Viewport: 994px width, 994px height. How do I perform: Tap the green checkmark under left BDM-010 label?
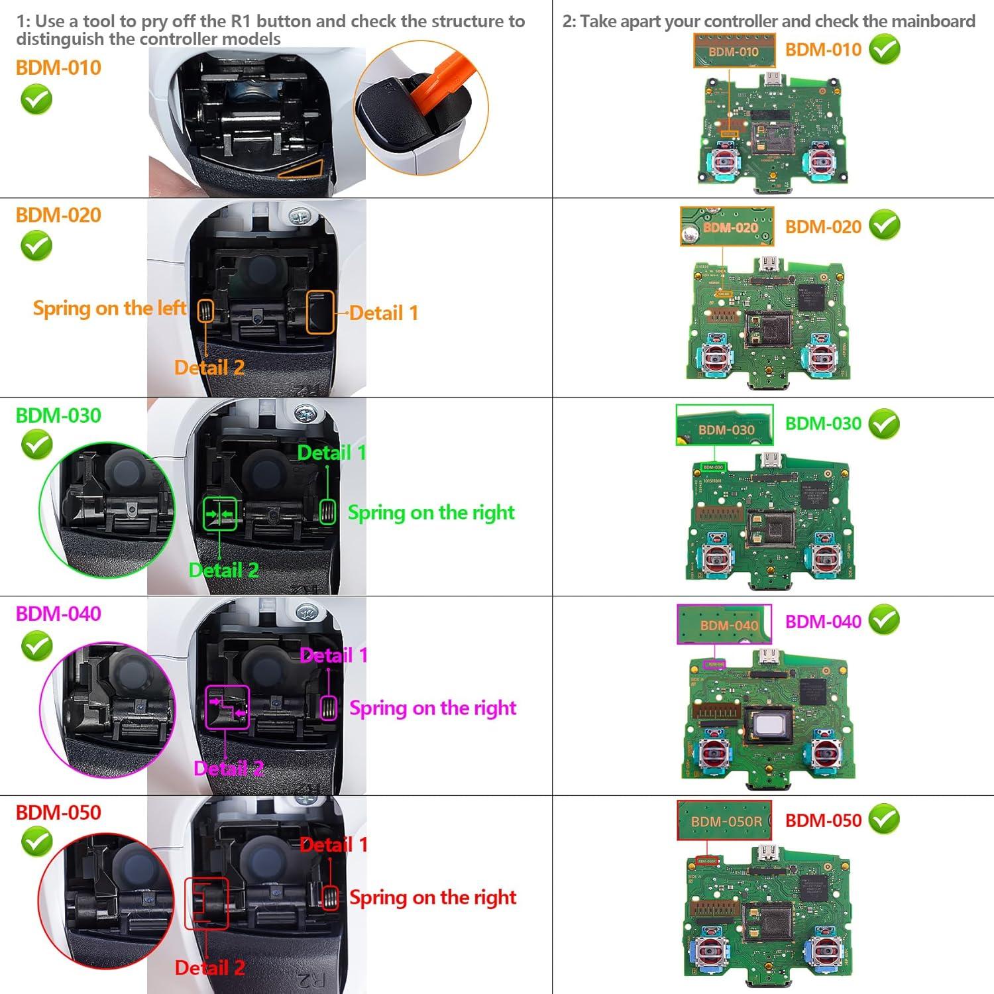[36, 101]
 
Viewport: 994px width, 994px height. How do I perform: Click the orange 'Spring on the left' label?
[109, 308]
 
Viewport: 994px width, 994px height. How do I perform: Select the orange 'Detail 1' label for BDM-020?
[384, 313]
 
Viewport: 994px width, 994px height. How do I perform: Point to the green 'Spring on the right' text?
[431, 512]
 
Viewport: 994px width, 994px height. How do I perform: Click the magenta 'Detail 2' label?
[229, 768]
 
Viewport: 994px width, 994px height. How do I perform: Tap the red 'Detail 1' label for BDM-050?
[333, 844]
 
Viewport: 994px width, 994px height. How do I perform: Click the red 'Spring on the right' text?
[433, 897]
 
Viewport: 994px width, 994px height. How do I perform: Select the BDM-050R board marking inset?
[725, 821]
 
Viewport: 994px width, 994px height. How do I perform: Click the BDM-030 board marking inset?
[725, 425]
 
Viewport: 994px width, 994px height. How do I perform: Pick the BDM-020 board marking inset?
[727, 227]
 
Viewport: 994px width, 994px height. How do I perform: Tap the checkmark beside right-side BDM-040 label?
[884, 620]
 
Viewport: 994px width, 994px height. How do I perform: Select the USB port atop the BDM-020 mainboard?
[769, 262]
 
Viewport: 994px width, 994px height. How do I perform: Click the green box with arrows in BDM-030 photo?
[219, 514]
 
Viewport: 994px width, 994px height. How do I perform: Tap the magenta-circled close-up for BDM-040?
[107, 708]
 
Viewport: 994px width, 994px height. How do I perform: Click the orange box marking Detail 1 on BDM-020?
[319, 312]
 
